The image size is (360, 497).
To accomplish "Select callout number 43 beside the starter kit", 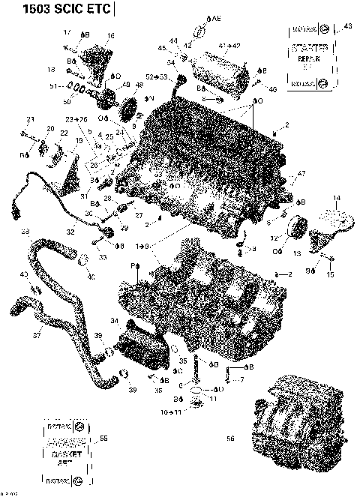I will [x=346, y=26].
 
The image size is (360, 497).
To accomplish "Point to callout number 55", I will [x=103, y=439].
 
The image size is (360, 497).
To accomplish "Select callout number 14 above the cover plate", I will [x=336, y=198].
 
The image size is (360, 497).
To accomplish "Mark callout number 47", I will [x=302, y=174].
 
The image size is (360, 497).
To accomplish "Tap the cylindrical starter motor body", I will [x=222, y=72].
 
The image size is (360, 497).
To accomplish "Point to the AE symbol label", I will [x=214, y=16].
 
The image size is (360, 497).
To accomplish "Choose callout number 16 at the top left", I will [x=111, y=35].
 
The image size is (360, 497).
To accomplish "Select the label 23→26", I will [x=76, y=119].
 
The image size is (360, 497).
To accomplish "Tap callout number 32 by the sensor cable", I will [x=70, y=233].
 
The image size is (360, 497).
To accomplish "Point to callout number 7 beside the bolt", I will [x=241, y=380].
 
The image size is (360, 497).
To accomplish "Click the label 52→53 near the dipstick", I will [x=157, y=77].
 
